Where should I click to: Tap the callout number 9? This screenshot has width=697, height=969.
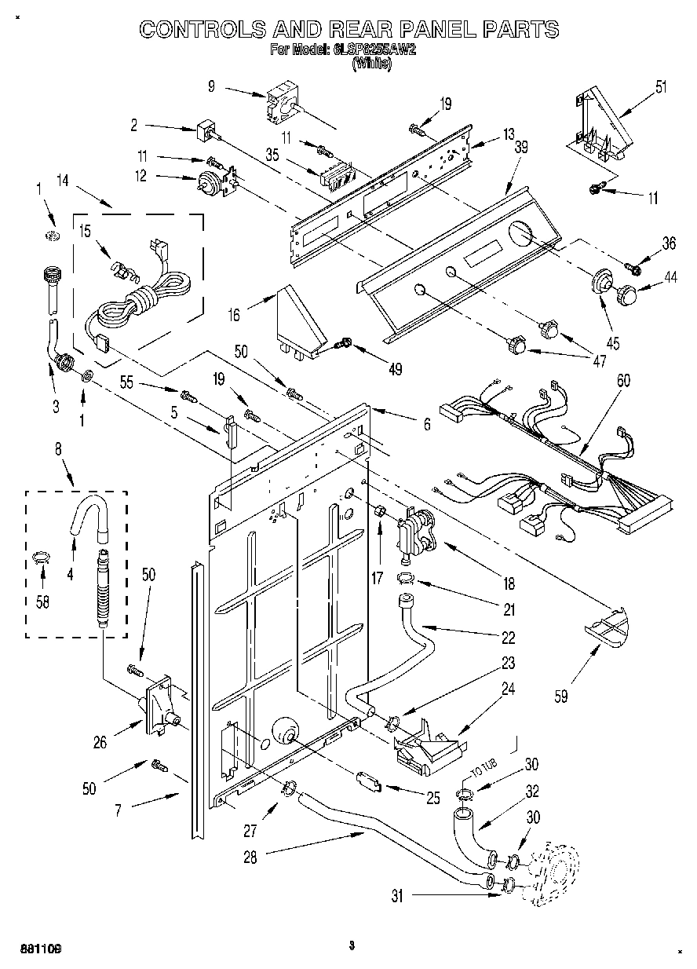[211, 87]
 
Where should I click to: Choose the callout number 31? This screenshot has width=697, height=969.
[397, 896]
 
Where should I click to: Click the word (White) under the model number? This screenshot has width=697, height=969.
[370, 64]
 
